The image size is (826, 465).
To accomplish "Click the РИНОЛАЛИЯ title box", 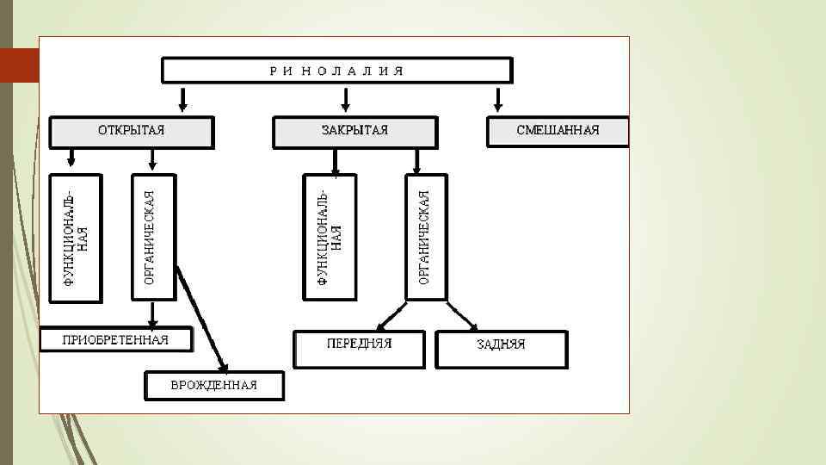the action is tap(336, 70).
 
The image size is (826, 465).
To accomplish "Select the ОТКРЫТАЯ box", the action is tap(131, 131).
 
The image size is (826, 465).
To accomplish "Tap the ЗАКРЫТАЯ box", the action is tap(354, 131).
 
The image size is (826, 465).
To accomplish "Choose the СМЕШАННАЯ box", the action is tap(558, 131).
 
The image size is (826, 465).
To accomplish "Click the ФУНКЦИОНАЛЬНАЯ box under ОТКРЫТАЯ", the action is tap(76, 238).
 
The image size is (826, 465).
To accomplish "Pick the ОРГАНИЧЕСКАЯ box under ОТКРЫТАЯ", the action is tap(152, 238).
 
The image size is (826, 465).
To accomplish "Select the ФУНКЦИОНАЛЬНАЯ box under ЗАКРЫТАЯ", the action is tap(330, 238).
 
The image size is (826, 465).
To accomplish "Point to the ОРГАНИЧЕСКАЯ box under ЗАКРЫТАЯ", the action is tap(425, 238).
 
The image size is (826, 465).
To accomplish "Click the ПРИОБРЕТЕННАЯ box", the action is tap(116, 339).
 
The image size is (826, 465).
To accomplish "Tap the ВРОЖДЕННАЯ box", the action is tap(214, 385).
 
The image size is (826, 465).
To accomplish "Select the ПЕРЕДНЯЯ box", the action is tap(359, 347).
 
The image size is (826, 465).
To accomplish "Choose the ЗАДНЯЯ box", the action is tap(501, 349).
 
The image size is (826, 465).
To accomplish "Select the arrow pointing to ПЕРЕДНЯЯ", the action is tap(392, 315).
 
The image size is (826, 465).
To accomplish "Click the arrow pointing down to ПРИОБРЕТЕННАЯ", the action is tap(152, 313).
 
